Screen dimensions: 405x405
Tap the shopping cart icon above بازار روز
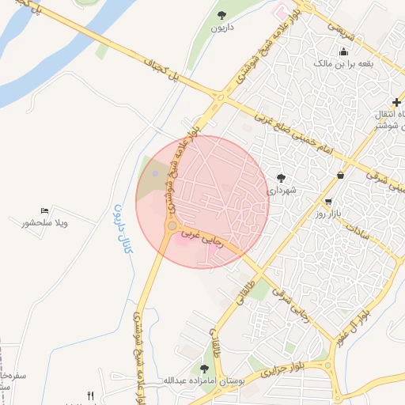pos(328,202)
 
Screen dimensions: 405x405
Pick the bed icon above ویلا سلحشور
pos(44,211)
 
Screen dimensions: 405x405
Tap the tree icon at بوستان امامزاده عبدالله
pos(205,369)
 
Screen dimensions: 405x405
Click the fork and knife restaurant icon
pos(91,396)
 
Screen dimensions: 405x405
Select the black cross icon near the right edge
pos(396,102)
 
